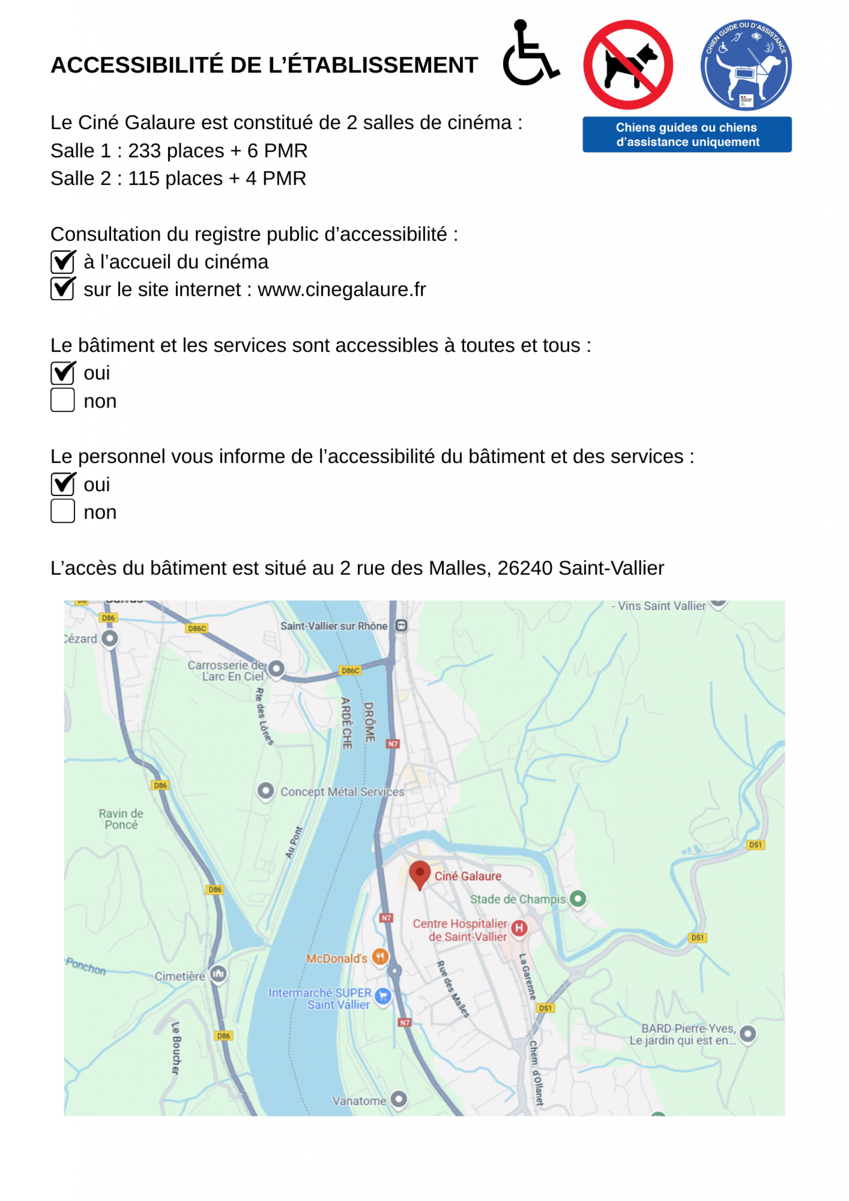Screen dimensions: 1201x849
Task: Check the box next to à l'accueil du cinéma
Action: pos(63,261)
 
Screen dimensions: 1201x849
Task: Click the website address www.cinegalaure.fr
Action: pos(341,290)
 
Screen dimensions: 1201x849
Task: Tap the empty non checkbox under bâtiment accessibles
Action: pos(63,400)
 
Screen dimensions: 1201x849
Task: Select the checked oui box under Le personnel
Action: pos(63,484)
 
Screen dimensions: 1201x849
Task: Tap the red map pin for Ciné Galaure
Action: pos(419,873)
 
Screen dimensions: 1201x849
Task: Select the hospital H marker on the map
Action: pos(519,928)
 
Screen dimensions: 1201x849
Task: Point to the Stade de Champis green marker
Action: pos(577,899)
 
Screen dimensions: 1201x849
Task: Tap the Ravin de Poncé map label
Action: pos(121,819)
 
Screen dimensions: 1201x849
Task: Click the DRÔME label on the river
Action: pos(369,722)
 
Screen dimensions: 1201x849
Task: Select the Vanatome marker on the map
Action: pos(399,1099)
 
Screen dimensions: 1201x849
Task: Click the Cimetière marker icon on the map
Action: pos(218,973)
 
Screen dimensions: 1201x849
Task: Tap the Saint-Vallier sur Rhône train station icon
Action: pos(401,626)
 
